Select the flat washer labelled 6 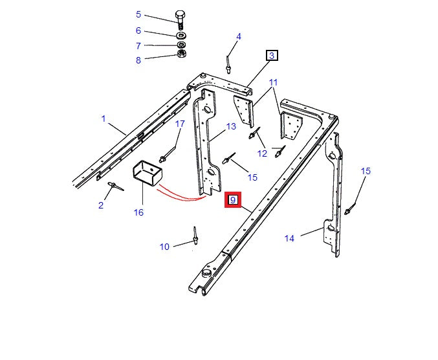click(x=181, y=34)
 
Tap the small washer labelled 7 click(x=182, y=45)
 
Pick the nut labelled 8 click(x=182, y=54)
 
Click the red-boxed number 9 click(x=232, y=200)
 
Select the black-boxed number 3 click(x=272, y=56)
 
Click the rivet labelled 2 click(x=114, y=186)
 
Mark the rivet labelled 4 click(x=228, y=63)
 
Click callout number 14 click(x=289, y=238)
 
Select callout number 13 click(x=231, y=126)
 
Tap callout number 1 click(x=103, y=118)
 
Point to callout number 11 click(x=273, y=83)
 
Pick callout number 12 click(x=262, y=153)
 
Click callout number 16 click(x=138, y=212)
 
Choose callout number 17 click(x=180, y=124)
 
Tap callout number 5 click(x=138, y=14)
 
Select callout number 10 click(x=164, y=246)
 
